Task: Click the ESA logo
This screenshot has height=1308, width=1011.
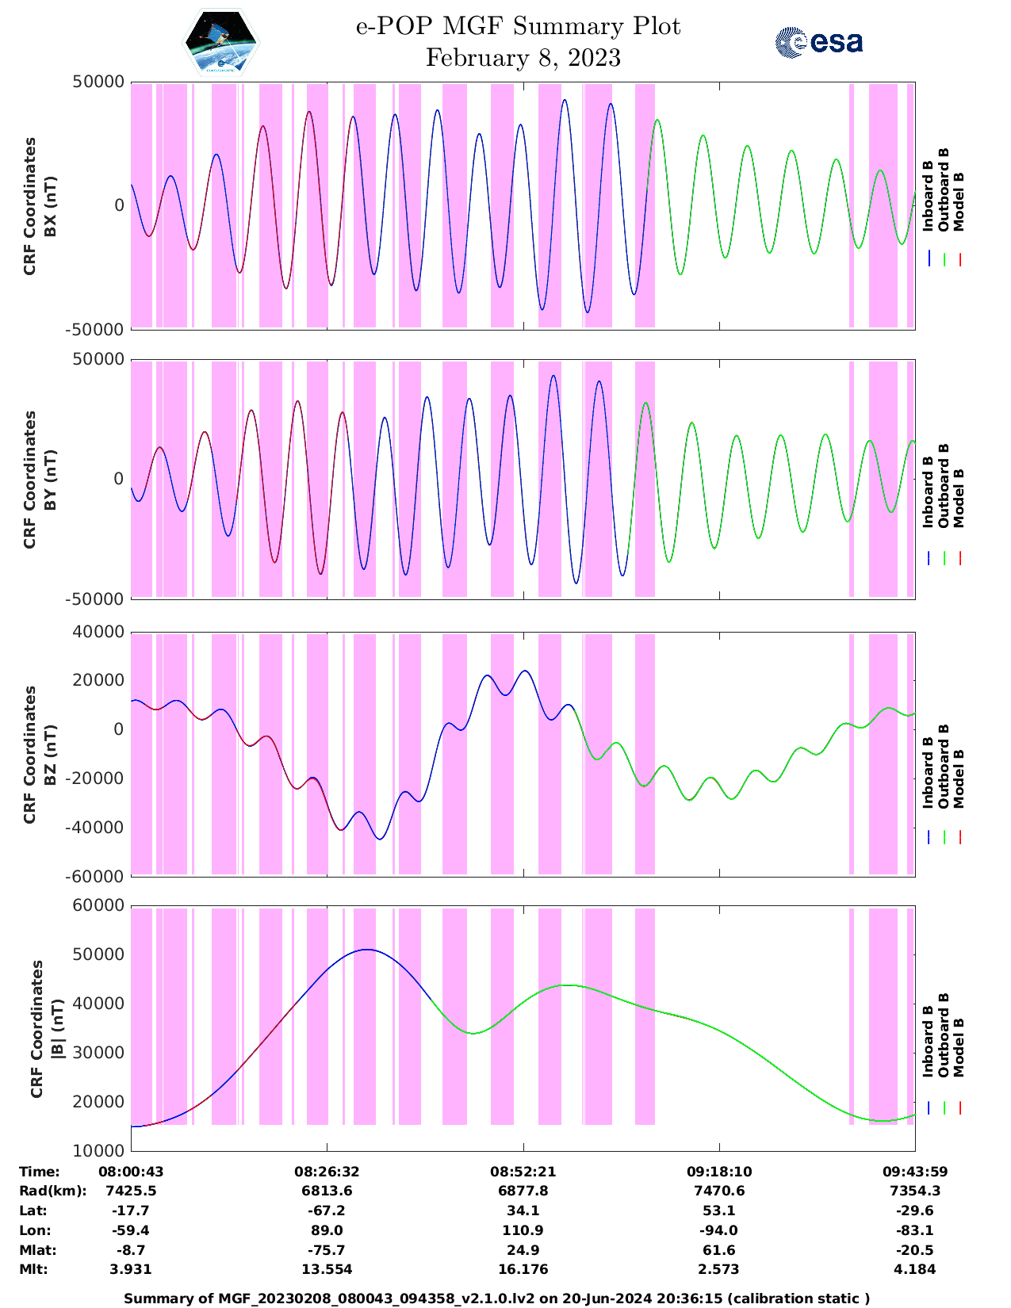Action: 818,42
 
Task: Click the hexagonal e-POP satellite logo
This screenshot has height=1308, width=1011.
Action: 221,42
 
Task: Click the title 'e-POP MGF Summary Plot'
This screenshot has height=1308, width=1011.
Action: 518,26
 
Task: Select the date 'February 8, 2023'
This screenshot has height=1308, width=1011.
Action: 523,58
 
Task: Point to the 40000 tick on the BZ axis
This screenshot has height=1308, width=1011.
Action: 98,632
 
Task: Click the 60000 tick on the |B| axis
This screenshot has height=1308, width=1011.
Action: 98,905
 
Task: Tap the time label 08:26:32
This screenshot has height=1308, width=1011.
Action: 327,1172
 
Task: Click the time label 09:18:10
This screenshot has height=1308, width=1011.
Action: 719,1172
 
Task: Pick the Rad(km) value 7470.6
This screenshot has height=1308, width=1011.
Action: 719,1191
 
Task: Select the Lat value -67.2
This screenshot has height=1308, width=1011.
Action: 327,1210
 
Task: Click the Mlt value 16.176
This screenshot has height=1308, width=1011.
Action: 523,1269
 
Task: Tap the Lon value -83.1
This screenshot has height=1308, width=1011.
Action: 915,1230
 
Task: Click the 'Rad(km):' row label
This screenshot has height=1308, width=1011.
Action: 52,1191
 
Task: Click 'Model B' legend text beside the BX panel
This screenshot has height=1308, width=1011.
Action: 959,201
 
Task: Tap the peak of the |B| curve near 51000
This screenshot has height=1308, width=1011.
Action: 366,950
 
